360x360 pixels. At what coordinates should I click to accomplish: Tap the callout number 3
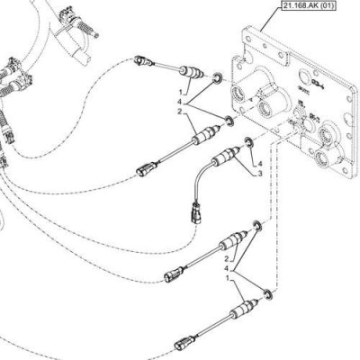pyautogui.click(x=260, y=174)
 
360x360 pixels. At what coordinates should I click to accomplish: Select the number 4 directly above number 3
pyautogui.click(x=260, y=164)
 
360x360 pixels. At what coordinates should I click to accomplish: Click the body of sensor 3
pyautogui.click(x=226, y=156)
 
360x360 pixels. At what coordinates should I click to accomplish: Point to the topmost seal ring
pyautogui.click(x=217, y=77)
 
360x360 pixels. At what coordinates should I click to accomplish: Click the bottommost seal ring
pyautogui.click(x=268, y=294)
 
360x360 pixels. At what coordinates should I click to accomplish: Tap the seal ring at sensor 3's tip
pyautogui.click(x=249, y=142)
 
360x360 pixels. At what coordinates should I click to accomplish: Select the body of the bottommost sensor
pyautogui.click(x=244, y=308)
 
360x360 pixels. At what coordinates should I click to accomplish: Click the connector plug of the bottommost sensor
pyautogui.click(x=183, y=344)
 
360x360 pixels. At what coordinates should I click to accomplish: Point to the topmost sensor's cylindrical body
pyautogui.click(x=192, y=73)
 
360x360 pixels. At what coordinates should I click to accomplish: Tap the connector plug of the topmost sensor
pyautogui.click(x=141, y=61)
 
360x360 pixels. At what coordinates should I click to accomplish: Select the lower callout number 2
pyautogui.click(x=227, y=258)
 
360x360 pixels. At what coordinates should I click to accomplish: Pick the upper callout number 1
pyautogui.click(x=180, y=90)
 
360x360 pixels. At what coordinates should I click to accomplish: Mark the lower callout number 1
pyautogui.click(x=228, y=278)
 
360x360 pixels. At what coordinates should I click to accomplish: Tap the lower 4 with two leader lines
pyautogui.click(x=227, y=267)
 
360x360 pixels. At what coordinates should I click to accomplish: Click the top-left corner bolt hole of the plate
pyautogui.click(x=248, y=40)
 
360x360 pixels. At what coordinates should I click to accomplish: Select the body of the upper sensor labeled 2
pyautogui.click(x=206, y=135)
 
